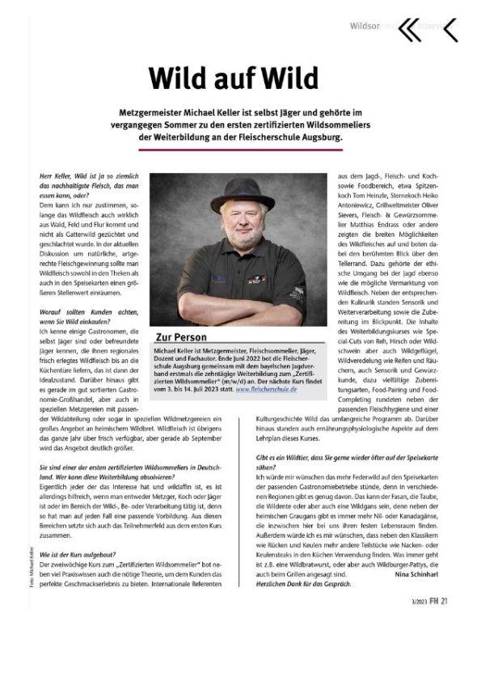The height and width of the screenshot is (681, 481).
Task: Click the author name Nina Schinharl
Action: click(x=412, y=575)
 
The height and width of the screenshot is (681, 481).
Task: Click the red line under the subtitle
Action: click(x=240, y=150)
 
